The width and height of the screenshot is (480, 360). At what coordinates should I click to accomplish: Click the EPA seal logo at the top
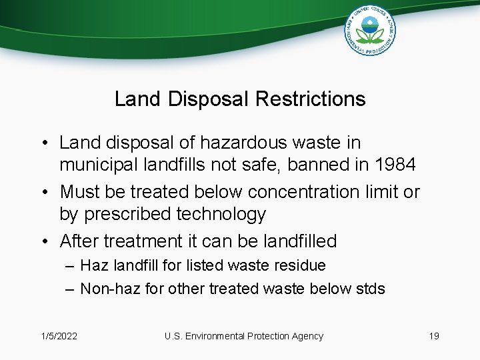pyautogui.click(x=370, y=30)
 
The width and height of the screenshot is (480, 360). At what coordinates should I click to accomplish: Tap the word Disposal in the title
pyautogui.click(x=207, y=99)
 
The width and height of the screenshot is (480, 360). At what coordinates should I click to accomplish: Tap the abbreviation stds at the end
pyautogui.click(x=371, y=289)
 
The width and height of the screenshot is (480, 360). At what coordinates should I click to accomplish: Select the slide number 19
pyautogui.click(x=433, y=336)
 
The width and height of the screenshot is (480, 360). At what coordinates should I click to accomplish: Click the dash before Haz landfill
pyautogui.click(x=71, y=265)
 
